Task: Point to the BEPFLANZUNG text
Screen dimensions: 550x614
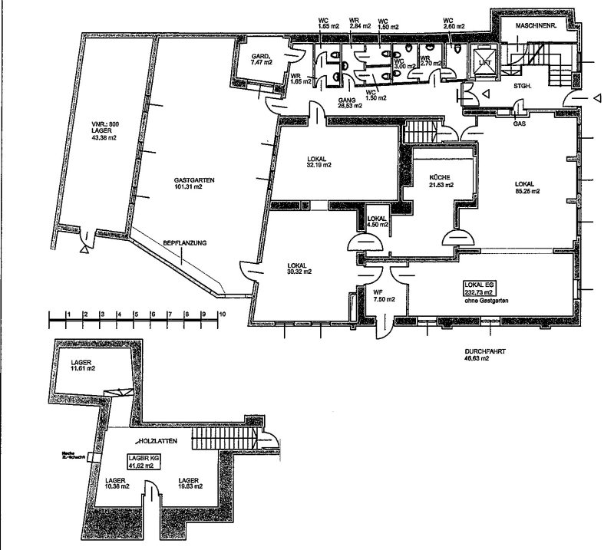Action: pyautogui.click(x=184, y=243)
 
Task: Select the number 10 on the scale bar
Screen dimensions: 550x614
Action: pyautogui.click(x=222, y=315)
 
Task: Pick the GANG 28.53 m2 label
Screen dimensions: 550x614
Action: pyautogui.click(x=351, y=104)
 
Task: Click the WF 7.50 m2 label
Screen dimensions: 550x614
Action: pyautogui.click(x=379, y=295)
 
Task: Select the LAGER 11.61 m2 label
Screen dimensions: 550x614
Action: pyautogui.click(x=82, y=365)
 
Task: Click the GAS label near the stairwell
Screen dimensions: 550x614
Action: pyautogui.click(x=519, y=123)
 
